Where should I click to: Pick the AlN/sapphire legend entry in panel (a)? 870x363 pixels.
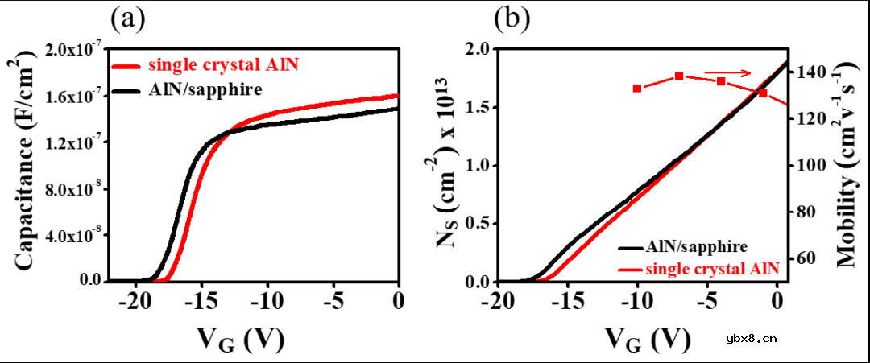(x=205, y=89)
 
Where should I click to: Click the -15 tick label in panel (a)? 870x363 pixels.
(x=201, y=301)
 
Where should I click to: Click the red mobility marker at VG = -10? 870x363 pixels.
(x=637, y=89)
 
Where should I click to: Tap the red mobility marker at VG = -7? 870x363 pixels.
(x=679, y=76)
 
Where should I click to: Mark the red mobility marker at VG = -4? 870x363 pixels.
(x=721, y=81)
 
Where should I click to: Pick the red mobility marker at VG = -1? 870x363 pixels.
(x=763, y=93)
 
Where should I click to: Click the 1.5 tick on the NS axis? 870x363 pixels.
(x=478, y=108)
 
